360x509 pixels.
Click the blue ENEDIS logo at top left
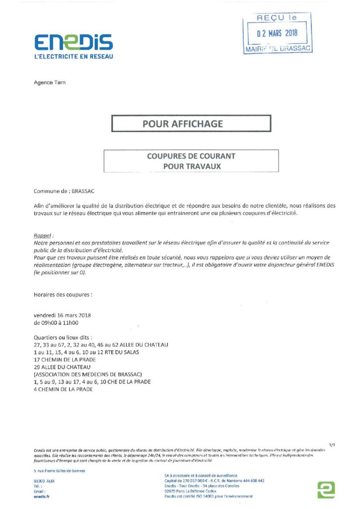tap(73, 42)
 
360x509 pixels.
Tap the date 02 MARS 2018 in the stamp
tap(277, 34)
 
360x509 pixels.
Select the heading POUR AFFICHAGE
tap(183, 124)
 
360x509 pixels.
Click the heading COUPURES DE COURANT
tap(191, 157)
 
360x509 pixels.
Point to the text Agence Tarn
tap(50, 82)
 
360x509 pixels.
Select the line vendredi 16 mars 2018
tap(62, 315)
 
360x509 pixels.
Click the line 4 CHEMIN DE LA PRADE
tap(63, 389)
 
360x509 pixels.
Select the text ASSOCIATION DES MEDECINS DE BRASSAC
tap(88, 374)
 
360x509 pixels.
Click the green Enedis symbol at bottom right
tap(326, 489)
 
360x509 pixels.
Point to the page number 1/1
tap(332, 444)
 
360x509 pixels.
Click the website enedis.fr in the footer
tap(42, 496)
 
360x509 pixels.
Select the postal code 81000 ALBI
tap(45, 481)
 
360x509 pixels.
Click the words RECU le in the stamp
tap(277, 18)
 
